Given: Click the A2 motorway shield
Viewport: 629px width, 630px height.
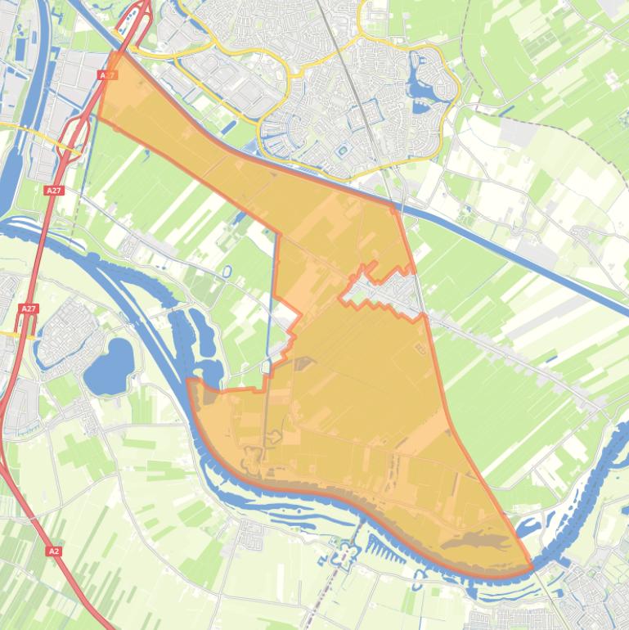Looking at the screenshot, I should (x=54, y=551).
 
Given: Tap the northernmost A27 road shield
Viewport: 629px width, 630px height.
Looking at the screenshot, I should (x=107, y=74).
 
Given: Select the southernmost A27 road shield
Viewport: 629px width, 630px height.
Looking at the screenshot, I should (x=29, y=308).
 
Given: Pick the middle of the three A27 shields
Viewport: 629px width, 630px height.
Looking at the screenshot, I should (x=54, y=190).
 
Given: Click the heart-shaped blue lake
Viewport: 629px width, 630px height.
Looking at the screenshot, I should (x=110, y=364).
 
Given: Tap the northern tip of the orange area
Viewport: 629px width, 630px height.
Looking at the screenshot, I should (x=112, y=52).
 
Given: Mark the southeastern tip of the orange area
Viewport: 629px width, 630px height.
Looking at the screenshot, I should (x=532, y=567).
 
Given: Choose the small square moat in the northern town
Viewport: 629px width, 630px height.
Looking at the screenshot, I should (x=341, y=150).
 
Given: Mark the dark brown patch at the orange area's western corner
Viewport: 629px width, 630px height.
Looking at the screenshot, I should (x=209, y=398).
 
